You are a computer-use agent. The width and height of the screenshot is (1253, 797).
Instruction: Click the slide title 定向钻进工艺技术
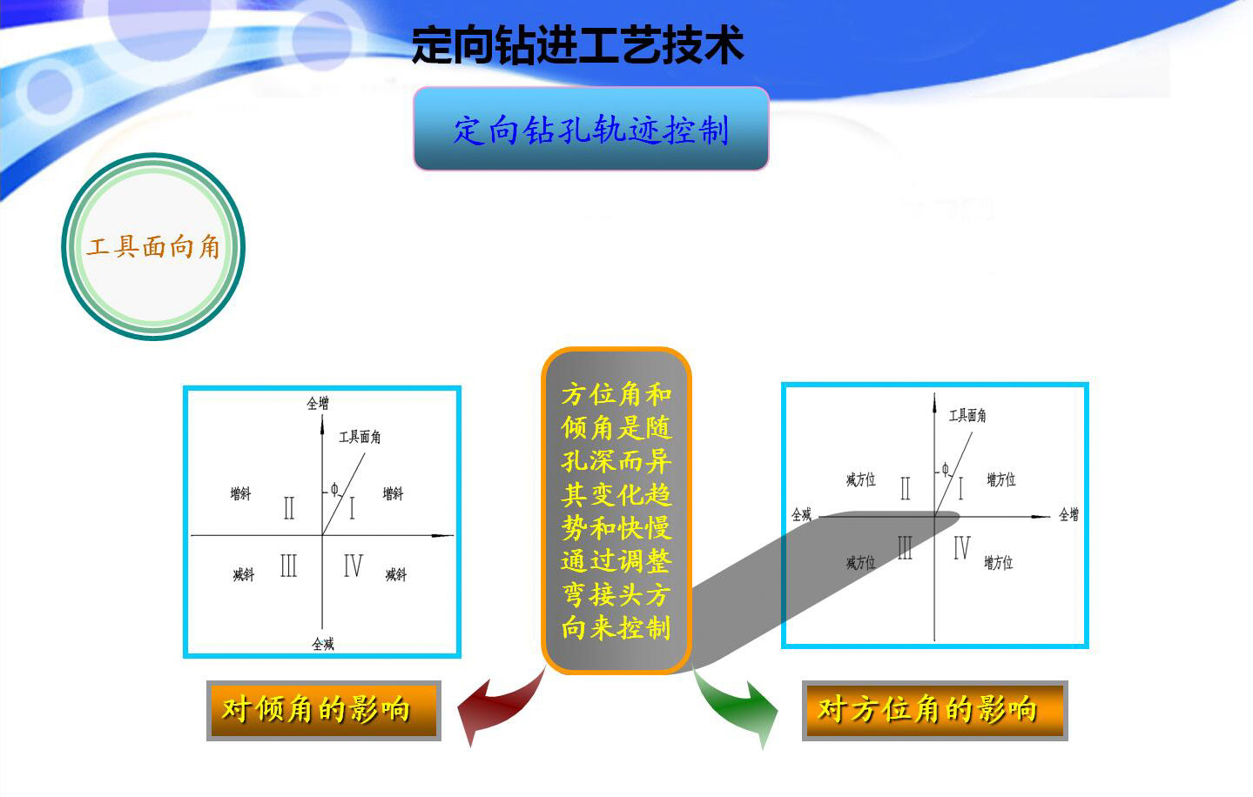click(x=577, y=45)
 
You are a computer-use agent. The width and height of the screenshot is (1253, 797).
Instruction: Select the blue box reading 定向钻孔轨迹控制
click(x=590, y=129)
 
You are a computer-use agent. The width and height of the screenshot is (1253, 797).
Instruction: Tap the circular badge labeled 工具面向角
click(x=153, y=246)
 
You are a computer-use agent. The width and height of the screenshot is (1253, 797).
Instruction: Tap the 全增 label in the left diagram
click(x=318, y=403)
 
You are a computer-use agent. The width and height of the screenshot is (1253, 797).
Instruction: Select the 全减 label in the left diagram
click(x=322, y=644)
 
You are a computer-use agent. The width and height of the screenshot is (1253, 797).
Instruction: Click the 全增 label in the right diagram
click(x=1068, y=514)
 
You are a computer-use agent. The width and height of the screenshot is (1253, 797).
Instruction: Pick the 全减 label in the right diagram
click(x=801, y=514)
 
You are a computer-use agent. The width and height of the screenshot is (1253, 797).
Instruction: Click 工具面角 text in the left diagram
click(x=360, y=436)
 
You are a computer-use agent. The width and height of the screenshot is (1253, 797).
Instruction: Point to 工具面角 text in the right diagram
click(x=967, y=415)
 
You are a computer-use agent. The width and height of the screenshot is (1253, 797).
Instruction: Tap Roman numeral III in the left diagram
click(x=288, y=566)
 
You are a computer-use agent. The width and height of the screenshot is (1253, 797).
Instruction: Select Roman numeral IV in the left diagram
click(x=353, y=566)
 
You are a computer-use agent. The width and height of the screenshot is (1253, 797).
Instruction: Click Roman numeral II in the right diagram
click(x=905, y=488)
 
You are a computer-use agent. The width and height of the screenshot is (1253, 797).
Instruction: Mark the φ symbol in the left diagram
click(x=334, y=490)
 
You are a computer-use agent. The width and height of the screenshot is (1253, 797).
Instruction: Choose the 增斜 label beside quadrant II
click(x=240, y=493)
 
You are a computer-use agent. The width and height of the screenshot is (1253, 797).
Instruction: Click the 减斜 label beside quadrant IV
click(x=395, y=574)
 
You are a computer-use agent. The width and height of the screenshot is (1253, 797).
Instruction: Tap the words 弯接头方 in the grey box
click(x=616, y=594)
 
